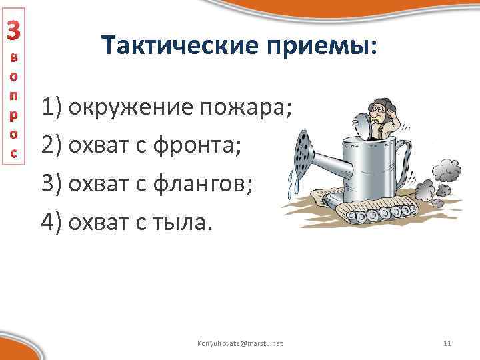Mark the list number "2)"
[52, 143]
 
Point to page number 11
[447, 343]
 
